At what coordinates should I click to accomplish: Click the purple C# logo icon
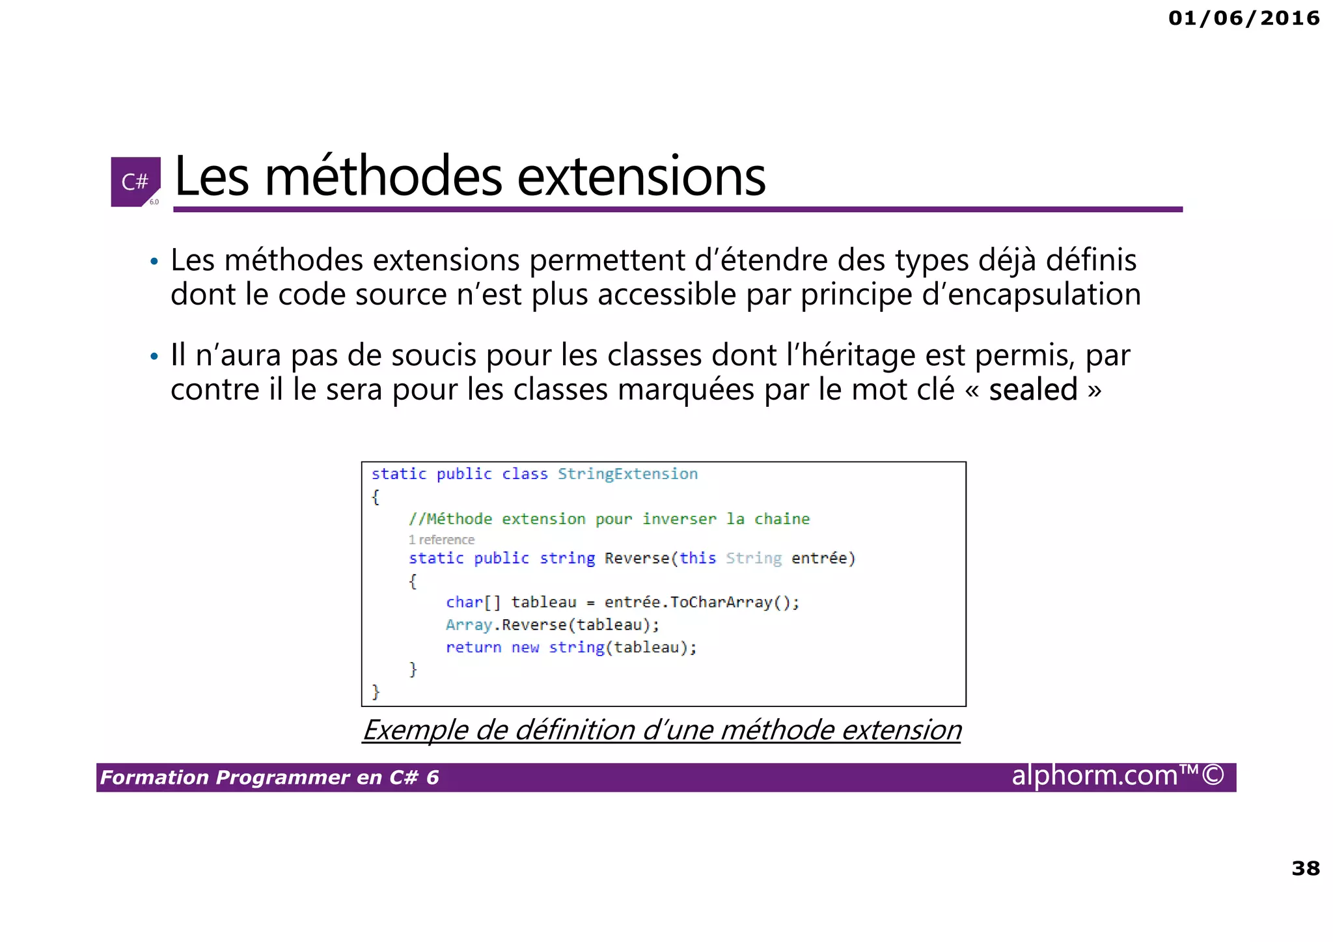point(135,182)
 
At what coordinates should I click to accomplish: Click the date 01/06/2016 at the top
point(1243,18)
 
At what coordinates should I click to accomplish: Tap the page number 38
point(1305,868)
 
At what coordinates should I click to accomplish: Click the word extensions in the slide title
point(640,177)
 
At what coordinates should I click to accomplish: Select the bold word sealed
point(1033,390)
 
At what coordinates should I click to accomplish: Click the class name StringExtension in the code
point(627,474)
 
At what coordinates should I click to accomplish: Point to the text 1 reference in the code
point(441,540)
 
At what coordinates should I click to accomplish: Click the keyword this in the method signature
point(697,559)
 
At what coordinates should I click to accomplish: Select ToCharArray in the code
point(721,602)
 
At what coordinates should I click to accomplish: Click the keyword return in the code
point(473,648)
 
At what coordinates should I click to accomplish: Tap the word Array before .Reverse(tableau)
point(469,625)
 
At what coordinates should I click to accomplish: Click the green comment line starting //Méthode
point(609,519)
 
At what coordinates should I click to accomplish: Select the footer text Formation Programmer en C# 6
point(269,777)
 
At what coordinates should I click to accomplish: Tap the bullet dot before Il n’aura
point(154,357)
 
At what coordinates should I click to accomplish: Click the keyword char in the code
point(464,602)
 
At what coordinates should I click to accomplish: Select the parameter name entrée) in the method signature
point(823,559)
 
